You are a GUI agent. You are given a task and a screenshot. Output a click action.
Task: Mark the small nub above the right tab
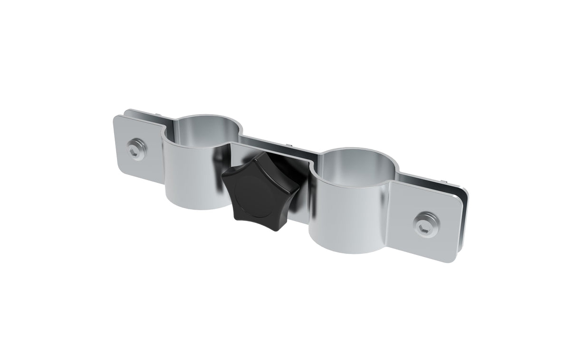[x=444, y=181]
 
